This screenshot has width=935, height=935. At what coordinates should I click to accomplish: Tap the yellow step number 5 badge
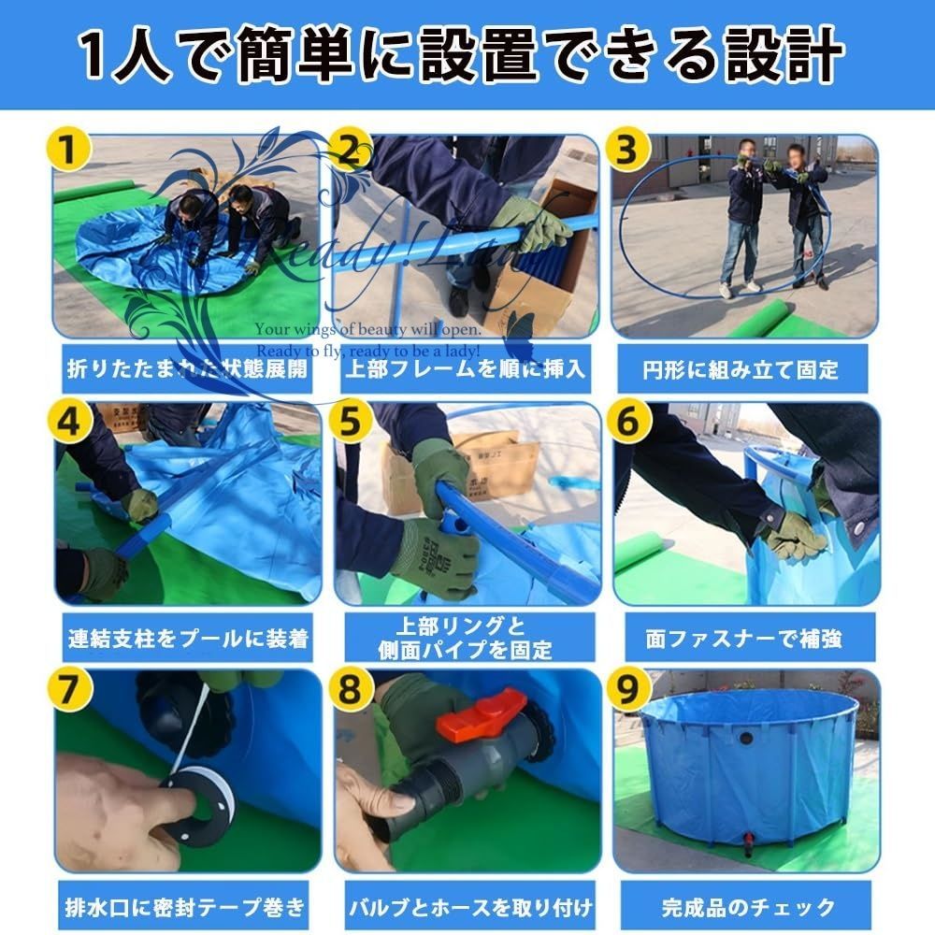coord(350,423)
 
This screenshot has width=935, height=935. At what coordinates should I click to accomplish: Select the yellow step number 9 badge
coord(628,691)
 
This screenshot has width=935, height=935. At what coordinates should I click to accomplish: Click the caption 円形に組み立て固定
coord(745,368)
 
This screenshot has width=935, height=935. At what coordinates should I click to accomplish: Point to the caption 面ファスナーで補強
coord(745,639)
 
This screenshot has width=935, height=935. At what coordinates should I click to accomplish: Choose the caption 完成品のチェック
coord(745,907)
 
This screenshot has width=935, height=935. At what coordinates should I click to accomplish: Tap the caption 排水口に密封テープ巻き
coord(186,907)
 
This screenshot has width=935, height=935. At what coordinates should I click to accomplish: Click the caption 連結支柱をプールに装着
coord(188,640)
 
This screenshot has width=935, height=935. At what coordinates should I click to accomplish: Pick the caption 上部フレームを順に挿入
coord(467,368)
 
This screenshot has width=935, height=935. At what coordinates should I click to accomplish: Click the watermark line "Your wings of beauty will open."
coord(369,330)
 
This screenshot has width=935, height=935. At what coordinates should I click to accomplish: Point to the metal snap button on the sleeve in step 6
coord(857,530)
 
